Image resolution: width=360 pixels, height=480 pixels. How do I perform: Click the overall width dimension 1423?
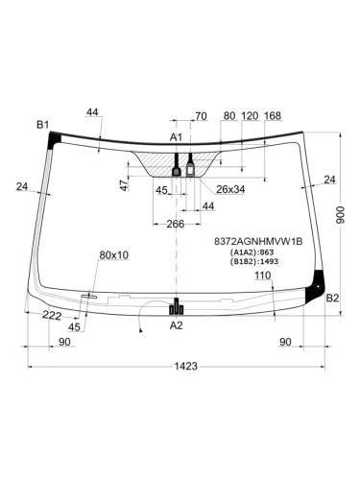[185, 366]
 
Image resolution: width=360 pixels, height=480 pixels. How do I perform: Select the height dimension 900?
[341, 215]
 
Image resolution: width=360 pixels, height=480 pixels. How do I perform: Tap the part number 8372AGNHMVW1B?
[258, 241]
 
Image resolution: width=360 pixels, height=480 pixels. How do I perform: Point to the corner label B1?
[42, 125]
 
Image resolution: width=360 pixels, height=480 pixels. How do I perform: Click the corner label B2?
[332, 299]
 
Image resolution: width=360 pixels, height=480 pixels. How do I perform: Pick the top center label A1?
[176, 137]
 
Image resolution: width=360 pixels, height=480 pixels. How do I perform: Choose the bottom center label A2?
[176, 325]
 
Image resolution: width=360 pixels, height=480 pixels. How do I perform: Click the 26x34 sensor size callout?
[230, 189]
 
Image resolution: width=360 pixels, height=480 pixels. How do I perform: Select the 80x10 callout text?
[114, 255]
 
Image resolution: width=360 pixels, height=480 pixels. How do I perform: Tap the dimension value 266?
[176, 224]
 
